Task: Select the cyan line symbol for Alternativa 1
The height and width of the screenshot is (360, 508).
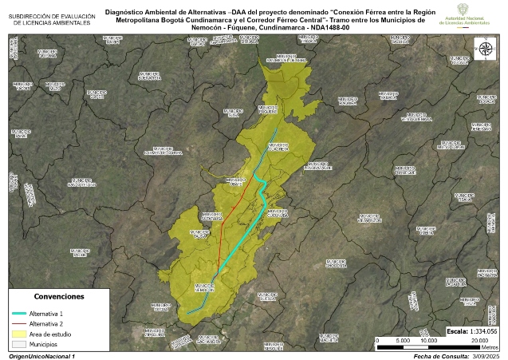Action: pos(19,314)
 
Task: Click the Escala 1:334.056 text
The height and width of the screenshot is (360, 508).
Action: pos(471,330)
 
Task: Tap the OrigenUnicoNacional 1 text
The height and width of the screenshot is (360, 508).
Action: pos(41,356)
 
